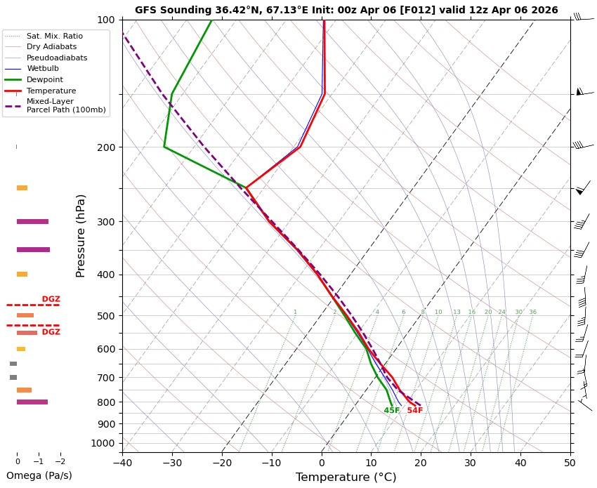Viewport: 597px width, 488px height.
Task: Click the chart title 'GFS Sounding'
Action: pyautogui.click(x=346, y=10)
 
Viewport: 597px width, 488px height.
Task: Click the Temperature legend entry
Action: pyautogui.click(x=51, y=91)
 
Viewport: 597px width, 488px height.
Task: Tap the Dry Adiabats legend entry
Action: pyautogui.click(x=51, y=46)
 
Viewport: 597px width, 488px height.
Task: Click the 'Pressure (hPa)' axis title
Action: pyautogui.click(x=81, y=235)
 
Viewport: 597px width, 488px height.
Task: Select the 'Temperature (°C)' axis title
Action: pyautogui.click(x=346, y=477)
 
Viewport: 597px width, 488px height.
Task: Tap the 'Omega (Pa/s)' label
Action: pyautogui.click(x=39, y=475)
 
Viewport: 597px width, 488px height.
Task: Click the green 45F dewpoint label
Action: pyautogui.click(x=392, y=411)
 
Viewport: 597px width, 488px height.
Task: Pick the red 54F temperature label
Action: pyautogui.click(x=415, y=411)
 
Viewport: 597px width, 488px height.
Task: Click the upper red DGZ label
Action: pyautogui.click(x=51, y=299)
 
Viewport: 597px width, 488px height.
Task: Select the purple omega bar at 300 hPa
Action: pyautogui.click(x=32, y=222)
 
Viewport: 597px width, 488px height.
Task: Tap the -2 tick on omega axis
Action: pyautogui.click(x=60, y=461)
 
